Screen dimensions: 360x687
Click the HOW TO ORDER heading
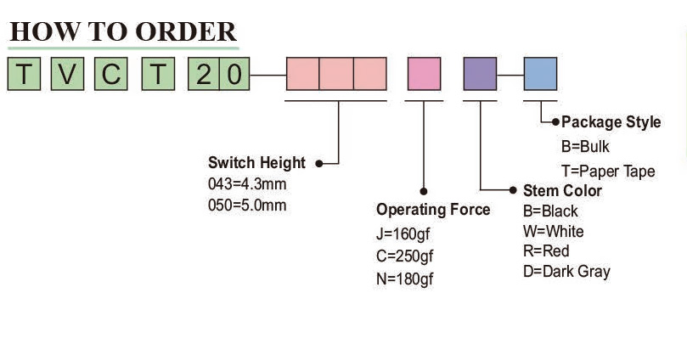pos(123,31)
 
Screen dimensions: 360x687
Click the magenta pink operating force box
pos(424,74)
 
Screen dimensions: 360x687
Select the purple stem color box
pos(480,74)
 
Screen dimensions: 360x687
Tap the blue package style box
pos(540,74)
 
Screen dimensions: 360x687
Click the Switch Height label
pos(256,163)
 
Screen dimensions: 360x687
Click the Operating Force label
pos(433,210)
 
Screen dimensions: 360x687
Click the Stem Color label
pos(562,190)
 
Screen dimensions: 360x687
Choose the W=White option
pos(553,231)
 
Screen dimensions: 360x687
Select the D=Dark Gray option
pos(566,272)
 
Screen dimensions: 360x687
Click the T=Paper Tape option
pos(608,171)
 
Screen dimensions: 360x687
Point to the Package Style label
pos(611,122)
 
